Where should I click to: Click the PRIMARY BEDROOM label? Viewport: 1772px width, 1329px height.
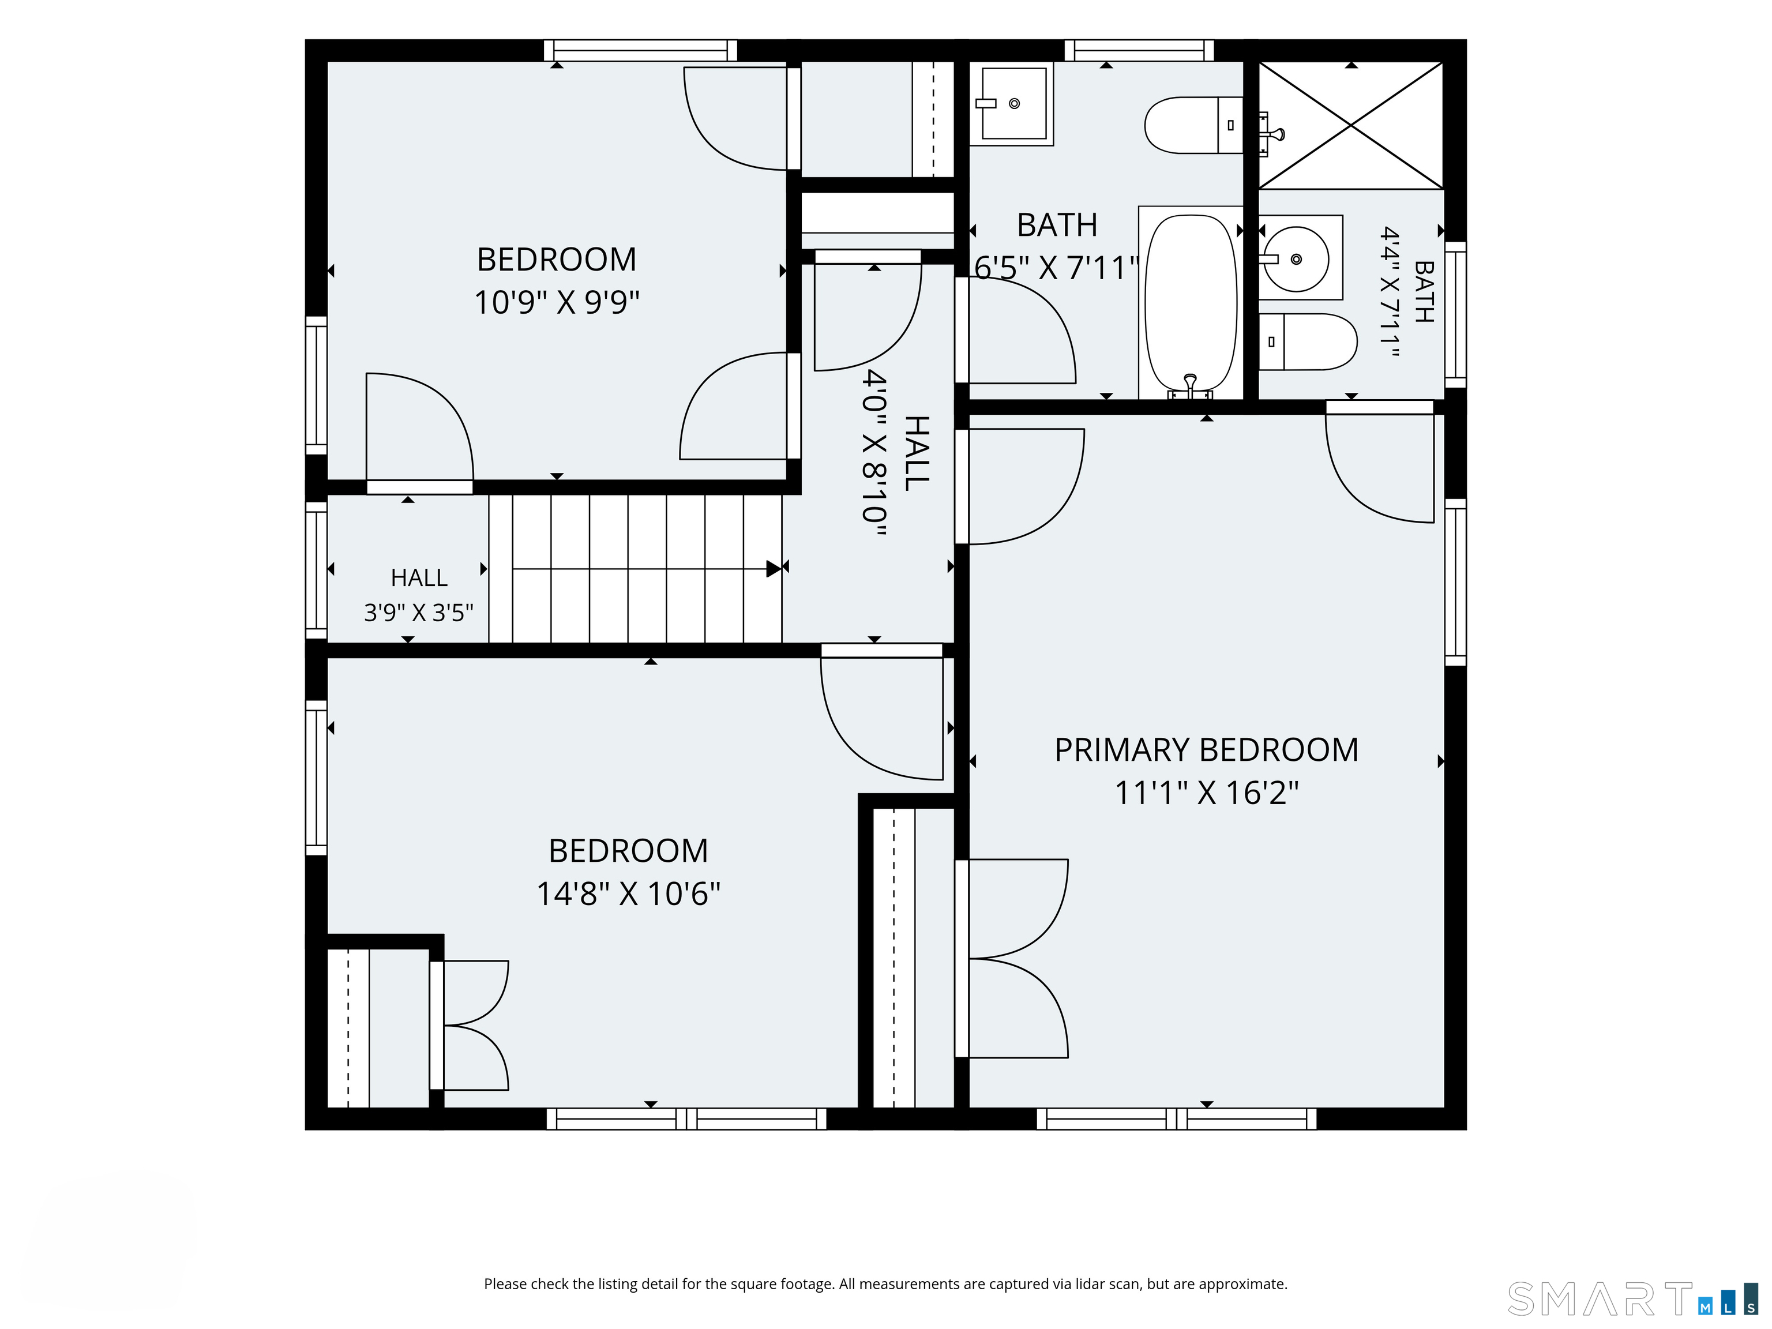[1207, 750]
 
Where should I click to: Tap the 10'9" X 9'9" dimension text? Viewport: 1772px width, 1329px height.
[557, 302]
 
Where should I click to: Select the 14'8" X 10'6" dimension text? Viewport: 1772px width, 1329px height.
[628, 893]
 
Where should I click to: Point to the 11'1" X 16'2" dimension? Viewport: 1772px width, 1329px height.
[1207, 793]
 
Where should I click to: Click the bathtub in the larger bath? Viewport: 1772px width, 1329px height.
[1191, 302]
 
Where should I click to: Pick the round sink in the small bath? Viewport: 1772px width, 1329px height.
[1296, 258]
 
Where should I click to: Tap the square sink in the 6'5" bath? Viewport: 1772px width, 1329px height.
[1012, 104]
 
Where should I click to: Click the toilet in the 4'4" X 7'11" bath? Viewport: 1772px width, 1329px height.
[1308, 341]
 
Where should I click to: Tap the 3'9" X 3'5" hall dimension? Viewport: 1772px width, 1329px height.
[419, 613]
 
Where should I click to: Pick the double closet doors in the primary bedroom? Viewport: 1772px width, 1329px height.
[1012, 958]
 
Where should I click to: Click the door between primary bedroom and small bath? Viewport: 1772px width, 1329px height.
[1379, 461]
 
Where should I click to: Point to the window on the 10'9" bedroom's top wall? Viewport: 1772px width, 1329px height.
[640, 50]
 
